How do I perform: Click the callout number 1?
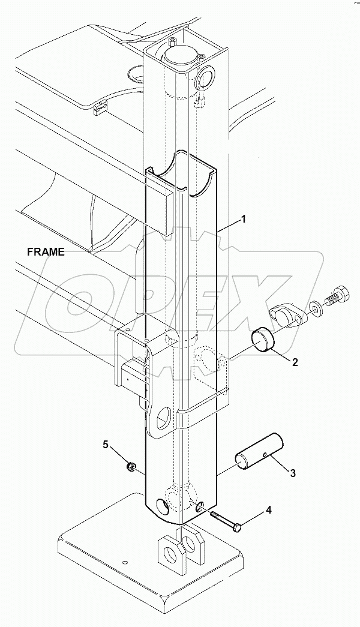coord(244,220)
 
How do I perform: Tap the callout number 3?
coord(292,473)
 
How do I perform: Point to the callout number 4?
coord(268,511)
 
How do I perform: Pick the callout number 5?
coord(106,445)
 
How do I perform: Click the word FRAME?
coord(46,252)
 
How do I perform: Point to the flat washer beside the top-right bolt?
coord(314,309)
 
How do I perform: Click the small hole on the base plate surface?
coord(124,563)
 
